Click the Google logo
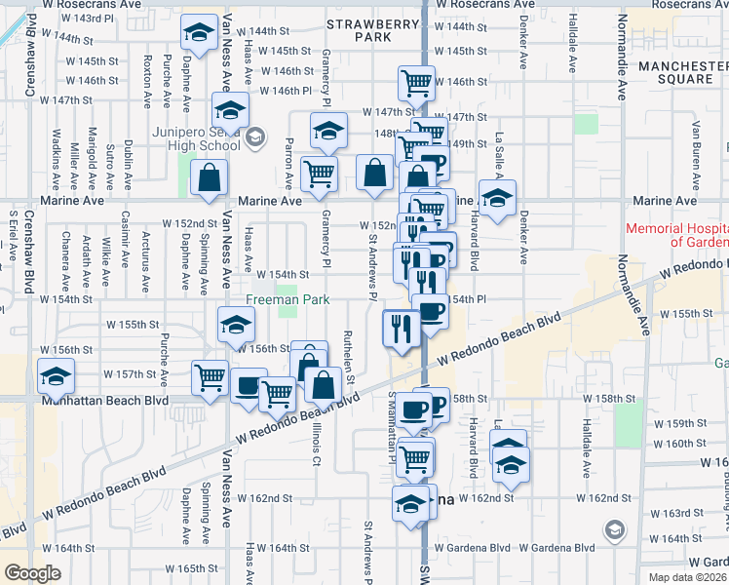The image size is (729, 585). tap(32, 573)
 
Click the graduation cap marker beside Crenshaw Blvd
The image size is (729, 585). tap(56, 374)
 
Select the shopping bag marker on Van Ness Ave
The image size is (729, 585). tap(210, 177)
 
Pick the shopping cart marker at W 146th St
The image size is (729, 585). tap(417, 83)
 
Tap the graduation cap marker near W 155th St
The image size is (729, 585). tap(235, 324)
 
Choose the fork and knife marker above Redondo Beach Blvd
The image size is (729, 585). tap(400, 327)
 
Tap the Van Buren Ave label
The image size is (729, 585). tap(696, 147)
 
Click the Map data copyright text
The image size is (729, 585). tap(687, 577)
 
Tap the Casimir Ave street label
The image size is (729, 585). tap(125, 240)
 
